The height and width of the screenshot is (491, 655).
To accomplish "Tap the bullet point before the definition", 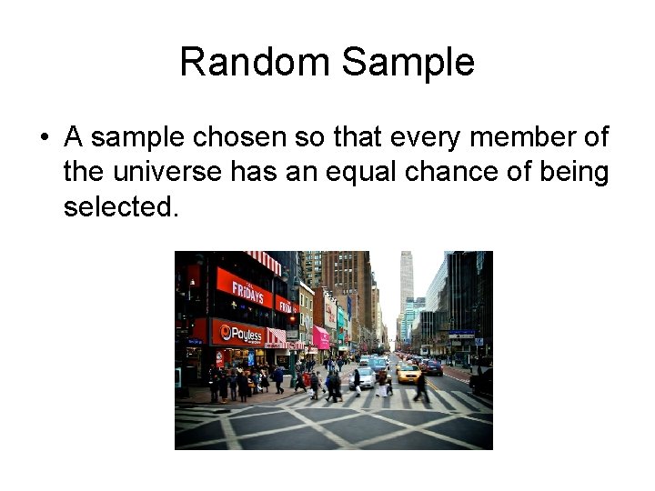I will [x=44, y=138].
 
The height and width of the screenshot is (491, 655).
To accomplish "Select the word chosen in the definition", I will [x=234, y=138].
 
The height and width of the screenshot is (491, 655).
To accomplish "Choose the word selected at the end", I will [x=117, y=207].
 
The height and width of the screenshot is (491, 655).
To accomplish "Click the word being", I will [x=572, y=173].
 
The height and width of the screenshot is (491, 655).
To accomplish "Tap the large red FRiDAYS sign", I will [x=245, y=291].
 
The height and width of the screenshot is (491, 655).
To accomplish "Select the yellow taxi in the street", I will [x=408, y=371].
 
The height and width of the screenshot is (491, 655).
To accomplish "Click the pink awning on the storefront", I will [x=320, y=337].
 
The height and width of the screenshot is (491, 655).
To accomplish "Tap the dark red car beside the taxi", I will [x=431, y=367].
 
